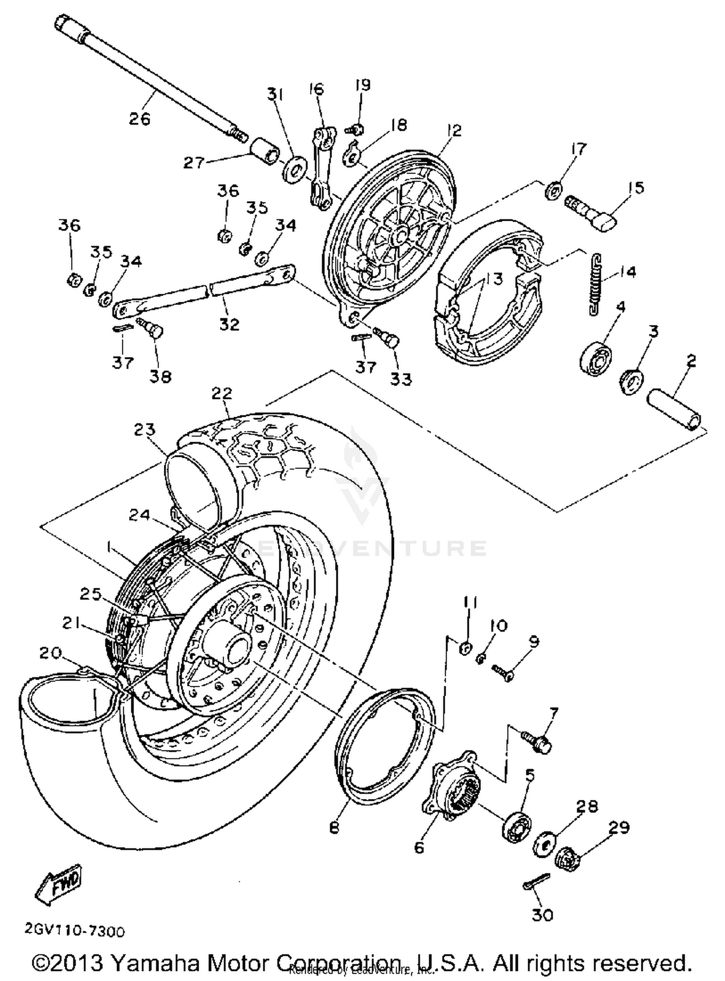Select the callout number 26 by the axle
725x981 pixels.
[x=139, y=118]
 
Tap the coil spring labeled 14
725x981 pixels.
[x=597, y=284]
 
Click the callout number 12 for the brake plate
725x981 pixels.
[x=454, y=131]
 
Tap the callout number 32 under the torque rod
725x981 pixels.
[x=229, y=324]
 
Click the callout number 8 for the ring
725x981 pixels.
[x=334, y=827]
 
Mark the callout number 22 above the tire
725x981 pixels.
[x=222, y=393]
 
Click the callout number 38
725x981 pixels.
[x=160, y=376]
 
